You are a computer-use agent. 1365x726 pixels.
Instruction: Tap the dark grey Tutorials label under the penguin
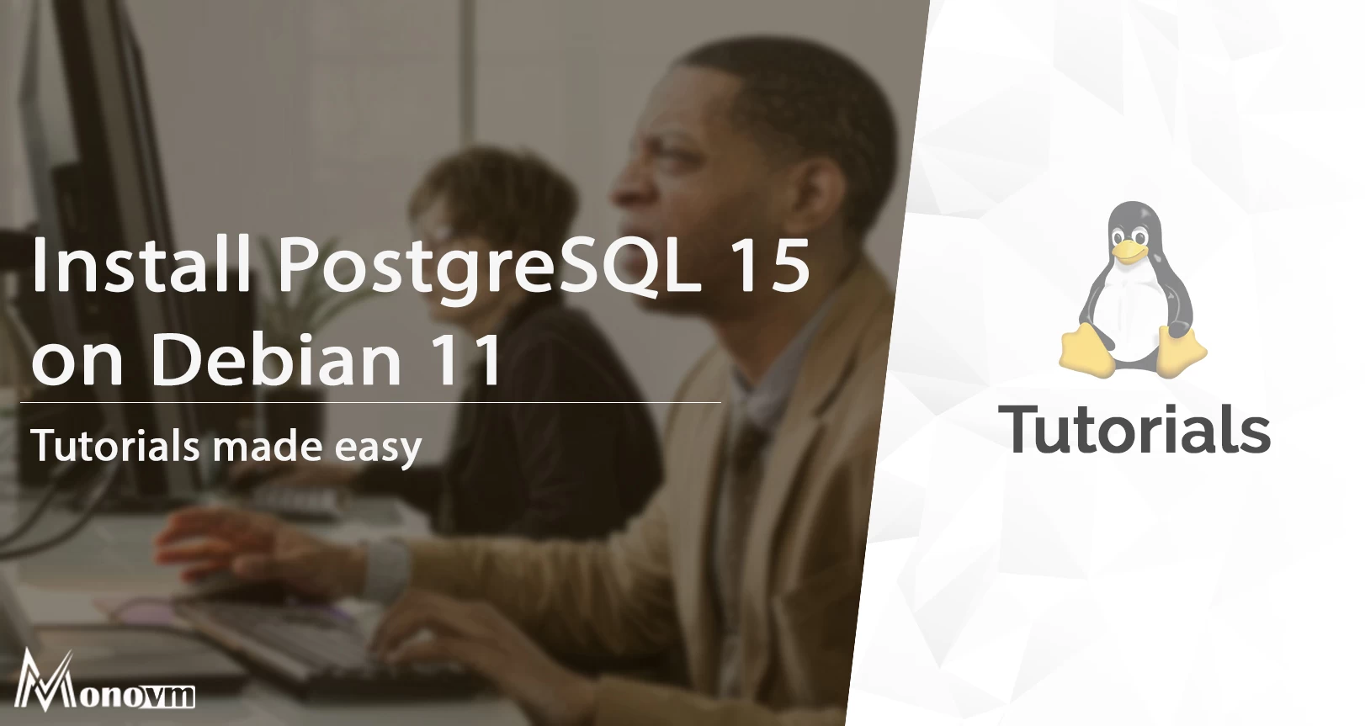pos(1134,429)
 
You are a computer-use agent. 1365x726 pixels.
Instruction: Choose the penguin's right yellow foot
pos(1181,349)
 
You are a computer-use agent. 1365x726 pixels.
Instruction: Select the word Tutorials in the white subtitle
pos(115,446)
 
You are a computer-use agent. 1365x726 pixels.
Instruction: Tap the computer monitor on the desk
pos(109,210)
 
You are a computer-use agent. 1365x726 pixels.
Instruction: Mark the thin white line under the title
pos(370,403)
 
